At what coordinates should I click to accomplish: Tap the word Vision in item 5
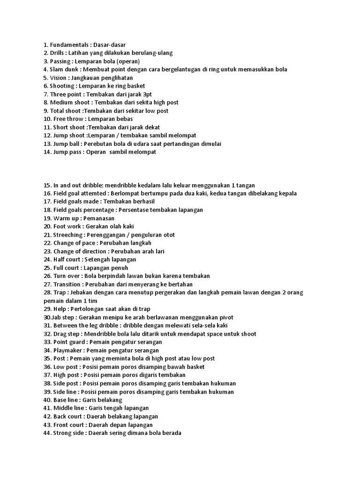pyautogui.click(x=59, y=78)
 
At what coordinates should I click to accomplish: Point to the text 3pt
pyautogui.click(x=146, y=94)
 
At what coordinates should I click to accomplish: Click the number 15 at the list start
pyautogui.click(x=47, y=185)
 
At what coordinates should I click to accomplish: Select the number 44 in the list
pyautogui.click(x=47, y=433)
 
